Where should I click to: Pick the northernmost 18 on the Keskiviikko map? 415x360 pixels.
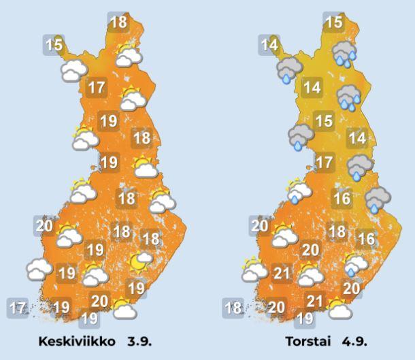(118, 22)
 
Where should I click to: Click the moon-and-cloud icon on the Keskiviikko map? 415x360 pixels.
(140, 260)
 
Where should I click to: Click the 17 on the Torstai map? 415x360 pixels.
(325, 163)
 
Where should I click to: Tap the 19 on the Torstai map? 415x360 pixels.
(305, 318)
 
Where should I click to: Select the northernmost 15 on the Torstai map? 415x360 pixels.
(333, 22)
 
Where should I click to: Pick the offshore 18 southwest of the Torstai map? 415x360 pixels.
(233, 308)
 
